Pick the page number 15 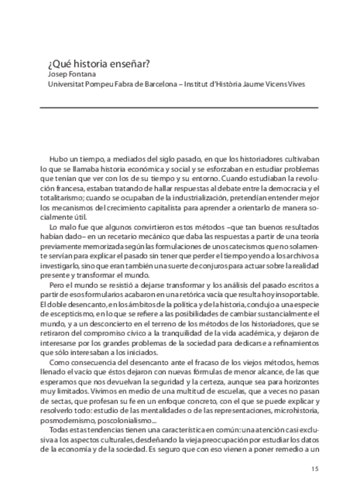pyautogui.click(x=314, y=469)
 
